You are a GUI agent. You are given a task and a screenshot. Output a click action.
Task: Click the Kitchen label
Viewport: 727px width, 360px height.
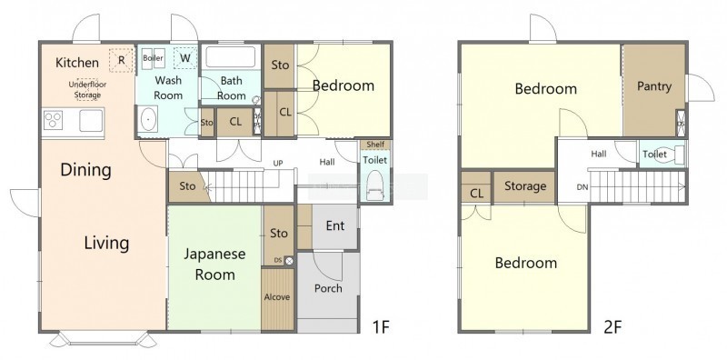coord(77,63)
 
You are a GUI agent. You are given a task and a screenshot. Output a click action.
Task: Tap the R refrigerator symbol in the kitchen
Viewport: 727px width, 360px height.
coord(122,60)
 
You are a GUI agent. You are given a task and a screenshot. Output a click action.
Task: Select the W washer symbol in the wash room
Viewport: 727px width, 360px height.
coord(185,58)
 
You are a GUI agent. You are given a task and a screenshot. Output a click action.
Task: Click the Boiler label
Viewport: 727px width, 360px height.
coord(153,58)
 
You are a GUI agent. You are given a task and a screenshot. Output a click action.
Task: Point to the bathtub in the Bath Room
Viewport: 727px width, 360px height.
coord(231,57)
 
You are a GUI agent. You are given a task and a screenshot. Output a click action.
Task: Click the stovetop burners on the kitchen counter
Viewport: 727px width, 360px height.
coord(53,120)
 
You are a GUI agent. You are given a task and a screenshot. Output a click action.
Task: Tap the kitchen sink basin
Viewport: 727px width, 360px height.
coord(90,121)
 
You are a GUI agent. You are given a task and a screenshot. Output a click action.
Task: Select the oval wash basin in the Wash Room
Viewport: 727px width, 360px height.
coord(148,120)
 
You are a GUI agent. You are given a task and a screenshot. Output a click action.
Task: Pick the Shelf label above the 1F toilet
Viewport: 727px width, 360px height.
coord(375,145)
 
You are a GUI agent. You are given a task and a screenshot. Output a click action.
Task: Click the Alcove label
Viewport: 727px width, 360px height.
coord(277,297)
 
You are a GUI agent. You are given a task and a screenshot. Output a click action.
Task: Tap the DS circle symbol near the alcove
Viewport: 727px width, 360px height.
coord(289,261)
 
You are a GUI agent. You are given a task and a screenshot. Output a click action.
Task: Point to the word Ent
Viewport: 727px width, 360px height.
coord(335,226)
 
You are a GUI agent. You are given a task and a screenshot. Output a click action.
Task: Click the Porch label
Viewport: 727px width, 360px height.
coord(328,288)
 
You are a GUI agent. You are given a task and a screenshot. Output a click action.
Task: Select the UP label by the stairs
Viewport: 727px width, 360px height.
coord(278,164)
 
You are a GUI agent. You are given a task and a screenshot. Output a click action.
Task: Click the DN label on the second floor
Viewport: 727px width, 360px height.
coord(583,187)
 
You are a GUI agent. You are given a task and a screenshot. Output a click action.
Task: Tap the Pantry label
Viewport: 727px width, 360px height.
coord(653,86)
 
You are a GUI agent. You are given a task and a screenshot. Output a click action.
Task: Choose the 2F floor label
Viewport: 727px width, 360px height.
coord(612,327)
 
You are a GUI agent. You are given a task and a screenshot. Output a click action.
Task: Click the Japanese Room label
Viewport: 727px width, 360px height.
coord(214,264)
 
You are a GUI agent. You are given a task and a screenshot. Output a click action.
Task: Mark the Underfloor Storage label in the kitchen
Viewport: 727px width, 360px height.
coord(87,90)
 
